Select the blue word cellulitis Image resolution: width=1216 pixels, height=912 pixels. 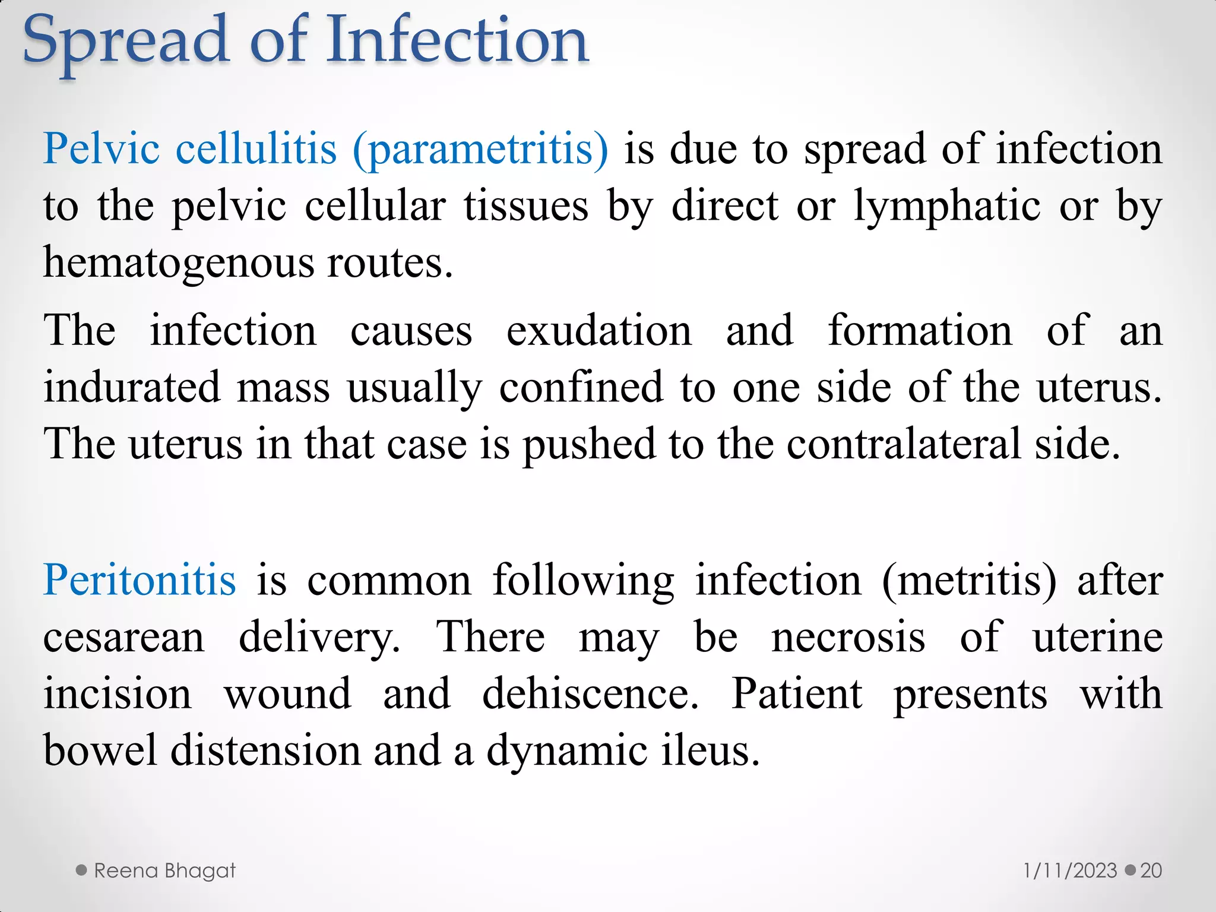point(256,148)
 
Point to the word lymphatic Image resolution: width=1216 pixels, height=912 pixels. point(948,207)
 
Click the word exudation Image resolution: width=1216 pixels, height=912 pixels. point(599,330)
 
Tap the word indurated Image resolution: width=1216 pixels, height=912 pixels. point(132,387)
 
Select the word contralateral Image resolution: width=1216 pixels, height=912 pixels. point(903,444)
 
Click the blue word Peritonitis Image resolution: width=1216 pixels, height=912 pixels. point(140,579)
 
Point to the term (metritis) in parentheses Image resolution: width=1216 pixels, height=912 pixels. point(970,579)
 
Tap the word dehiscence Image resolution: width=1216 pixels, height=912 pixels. point(590,694)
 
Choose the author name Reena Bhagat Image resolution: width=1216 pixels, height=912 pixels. point(164,871)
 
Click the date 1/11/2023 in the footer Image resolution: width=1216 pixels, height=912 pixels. point(1070,871)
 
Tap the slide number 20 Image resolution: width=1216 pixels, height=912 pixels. point(1151,871)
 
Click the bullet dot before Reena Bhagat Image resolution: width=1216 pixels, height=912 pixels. point(82,870)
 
